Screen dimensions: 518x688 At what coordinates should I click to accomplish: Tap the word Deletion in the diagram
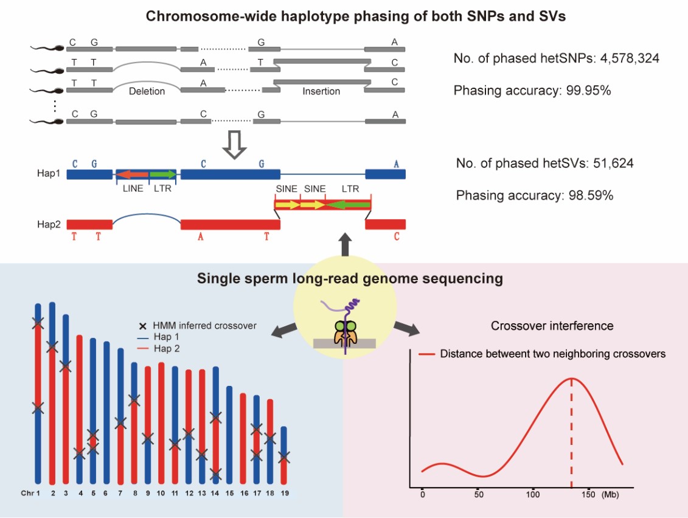click(x=147, y=92)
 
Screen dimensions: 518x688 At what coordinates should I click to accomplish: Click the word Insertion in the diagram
click(x=321, y=92)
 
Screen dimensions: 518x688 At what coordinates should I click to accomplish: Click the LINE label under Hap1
click(x=133, y=189)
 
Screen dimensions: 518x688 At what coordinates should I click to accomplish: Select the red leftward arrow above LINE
click(x=133, y=175)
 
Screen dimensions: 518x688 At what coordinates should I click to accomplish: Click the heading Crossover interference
click(x=552, y=326)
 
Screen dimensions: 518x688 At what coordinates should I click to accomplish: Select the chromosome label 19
click(x=284, y=492)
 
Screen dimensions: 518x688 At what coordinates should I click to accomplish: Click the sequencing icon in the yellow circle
click(x=344, y=332)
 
